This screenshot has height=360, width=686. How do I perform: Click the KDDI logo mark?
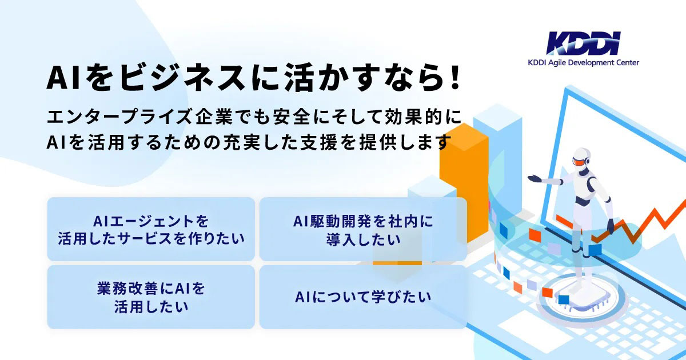[x=583, y=43]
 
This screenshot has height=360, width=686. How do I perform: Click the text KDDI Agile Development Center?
[x=583, y=63]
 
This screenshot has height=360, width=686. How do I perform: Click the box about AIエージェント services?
[x=151, y=229]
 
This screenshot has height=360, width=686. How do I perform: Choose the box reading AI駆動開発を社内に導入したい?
[x=363, y=229]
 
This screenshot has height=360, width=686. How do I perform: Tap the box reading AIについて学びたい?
[x=363, y=297]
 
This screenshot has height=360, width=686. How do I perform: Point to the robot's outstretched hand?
[x=534, y=178]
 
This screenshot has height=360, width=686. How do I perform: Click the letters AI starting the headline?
[x=59, y=78]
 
